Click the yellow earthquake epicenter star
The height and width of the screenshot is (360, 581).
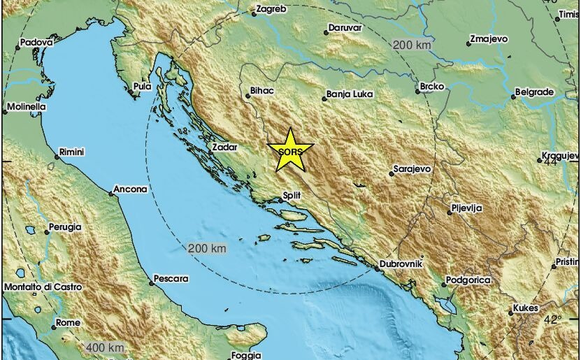pyautogui.click(x=290, y=151)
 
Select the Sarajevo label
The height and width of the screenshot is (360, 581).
pyautogui.click(x=412, y=169)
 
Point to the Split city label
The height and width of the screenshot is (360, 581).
pyautogui.click(x=292, y=198)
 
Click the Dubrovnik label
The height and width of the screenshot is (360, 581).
pyautogui.click(x=402, y=266)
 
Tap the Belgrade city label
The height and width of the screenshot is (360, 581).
pyautogui.click(x=534, y=92)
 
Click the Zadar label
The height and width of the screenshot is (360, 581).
pyautogui.click(x=226, y=147)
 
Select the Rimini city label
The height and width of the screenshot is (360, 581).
pyautogui.click(x=73, y=152)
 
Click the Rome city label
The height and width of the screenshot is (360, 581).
pyautogui.click(x=68, y=322)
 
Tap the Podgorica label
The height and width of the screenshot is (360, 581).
pyautogui.click(x=467, y=280)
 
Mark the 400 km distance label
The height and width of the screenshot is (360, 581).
pyautogui.click(x=106, y=347)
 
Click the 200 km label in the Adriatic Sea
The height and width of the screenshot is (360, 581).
pyautogui.click(x=208, y=249)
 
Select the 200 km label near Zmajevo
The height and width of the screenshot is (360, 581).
pyautogui.click(x=411, y=45)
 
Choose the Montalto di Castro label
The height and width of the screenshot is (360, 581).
pyautogui.click(x=43, y=287)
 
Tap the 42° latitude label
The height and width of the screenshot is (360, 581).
pyautogui.click(x=553, y=319)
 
